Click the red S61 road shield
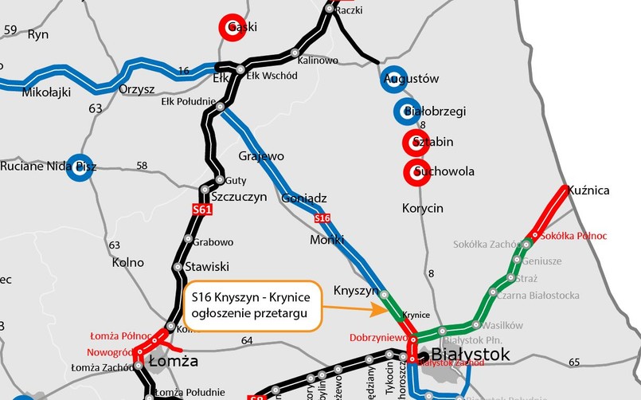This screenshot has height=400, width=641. coord(202,210)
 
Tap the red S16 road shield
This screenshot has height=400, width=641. coord(322,218)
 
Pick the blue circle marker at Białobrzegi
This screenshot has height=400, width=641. coord(407,112)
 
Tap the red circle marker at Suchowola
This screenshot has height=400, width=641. coord(417,171)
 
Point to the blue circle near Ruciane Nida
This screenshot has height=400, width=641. coord(79,167)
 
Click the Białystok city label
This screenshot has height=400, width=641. coord(459,355)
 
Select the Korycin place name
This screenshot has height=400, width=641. coord(421,209)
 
